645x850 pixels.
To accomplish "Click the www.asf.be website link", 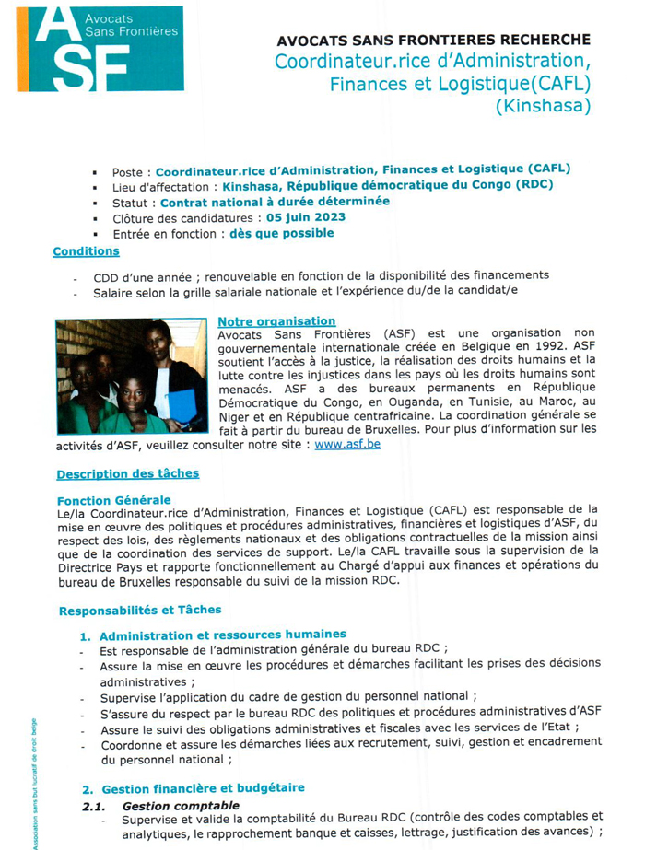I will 346,443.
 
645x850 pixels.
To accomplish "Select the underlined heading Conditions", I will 86,250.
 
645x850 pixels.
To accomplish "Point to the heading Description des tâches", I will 127,473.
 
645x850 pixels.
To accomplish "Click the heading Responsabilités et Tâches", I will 140,610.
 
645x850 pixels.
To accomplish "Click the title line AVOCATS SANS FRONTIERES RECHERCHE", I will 433,41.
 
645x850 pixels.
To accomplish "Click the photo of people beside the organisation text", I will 131,376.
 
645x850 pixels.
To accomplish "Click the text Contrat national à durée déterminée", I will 275,202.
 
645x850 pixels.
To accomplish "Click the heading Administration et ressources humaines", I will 222,634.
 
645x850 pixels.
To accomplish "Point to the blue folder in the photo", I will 182,405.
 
